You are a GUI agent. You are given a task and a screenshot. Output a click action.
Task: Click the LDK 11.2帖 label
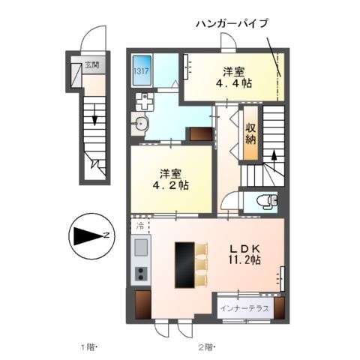[x=244, y=253]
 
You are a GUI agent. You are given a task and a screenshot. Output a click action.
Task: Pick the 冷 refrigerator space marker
[x=140, y=225]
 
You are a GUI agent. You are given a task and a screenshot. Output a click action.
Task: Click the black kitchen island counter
[x=184, y=265]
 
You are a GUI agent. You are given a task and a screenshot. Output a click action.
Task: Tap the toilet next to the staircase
[x=264, y=201]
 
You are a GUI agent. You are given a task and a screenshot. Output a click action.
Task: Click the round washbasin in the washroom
[x=141, y=124]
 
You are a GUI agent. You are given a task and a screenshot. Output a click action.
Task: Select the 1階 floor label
[x=89, y=346]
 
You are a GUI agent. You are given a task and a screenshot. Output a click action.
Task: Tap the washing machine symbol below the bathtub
[x=142, y=100]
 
